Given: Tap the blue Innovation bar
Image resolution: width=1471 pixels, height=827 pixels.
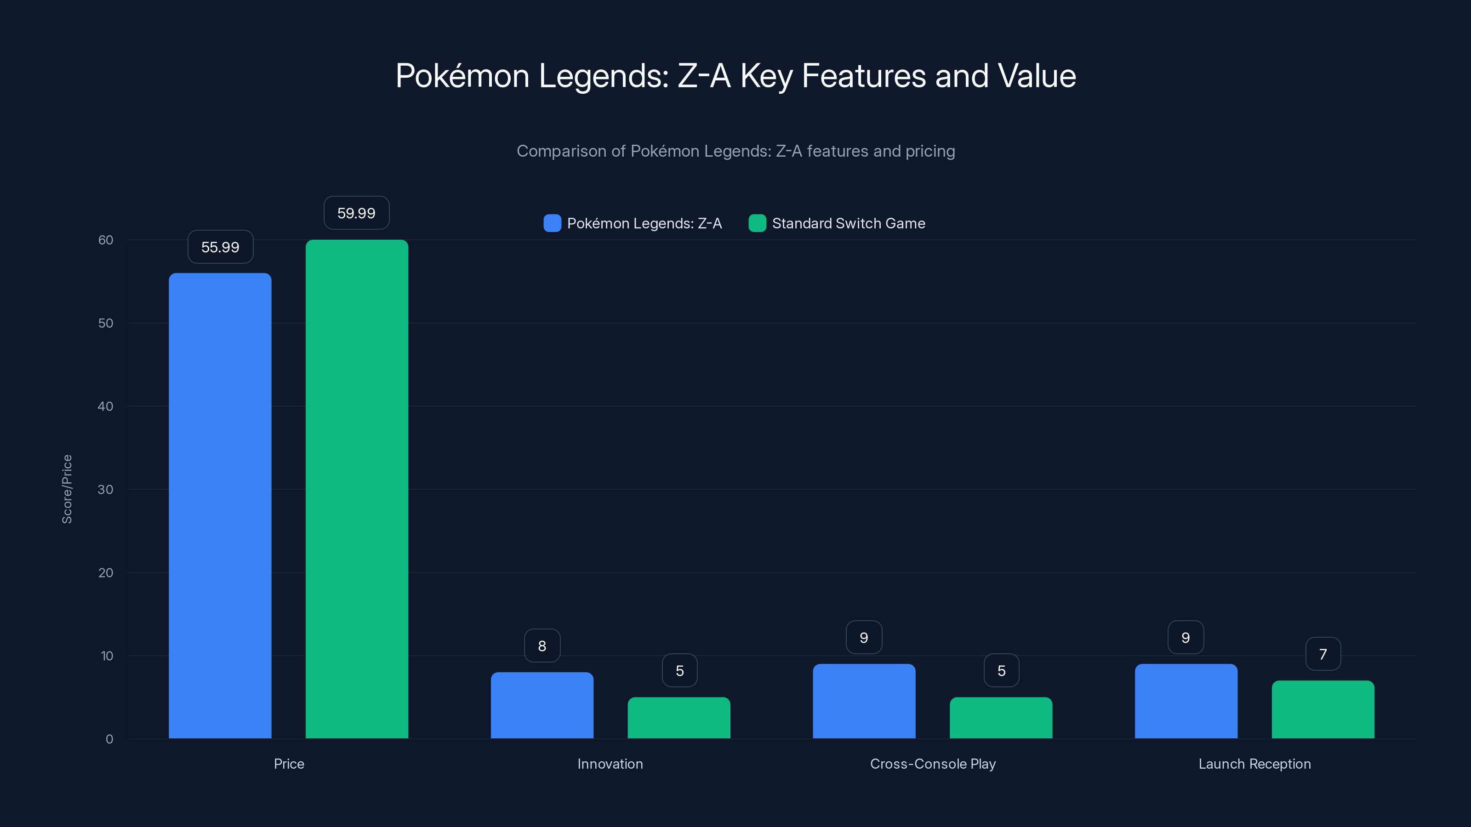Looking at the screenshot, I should point(542,705).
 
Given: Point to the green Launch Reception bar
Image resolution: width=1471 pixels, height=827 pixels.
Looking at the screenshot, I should point(1323,709).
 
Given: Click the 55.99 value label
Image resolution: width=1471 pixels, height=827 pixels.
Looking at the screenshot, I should point(221,247).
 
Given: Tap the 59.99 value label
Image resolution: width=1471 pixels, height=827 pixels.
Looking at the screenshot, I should point(356,213).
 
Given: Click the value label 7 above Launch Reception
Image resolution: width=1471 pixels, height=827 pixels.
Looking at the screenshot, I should point(1323,654).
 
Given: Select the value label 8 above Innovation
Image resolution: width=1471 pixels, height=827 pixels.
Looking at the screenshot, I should point(542,646).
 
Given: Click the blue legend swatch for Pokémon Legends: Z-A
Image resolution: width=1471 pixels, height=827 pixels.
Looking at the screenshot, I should point(552,223).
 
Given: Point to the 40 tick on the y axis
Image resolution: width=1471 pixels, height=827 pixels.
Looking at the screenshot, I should point(106,406).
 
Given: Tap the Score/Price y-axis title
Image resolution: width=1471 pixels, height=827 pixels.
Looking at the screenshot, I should point(67,489).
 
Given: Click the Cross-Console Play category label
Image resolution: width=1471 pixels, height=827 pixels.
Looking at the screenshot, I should point(933,764).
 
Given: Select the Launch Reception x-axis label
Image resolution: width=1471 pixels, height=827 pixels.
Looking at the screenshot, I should point(1254,764).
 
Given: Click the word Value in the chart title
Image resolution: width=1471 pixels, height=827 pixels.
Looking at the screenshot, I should point(1037,76).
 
